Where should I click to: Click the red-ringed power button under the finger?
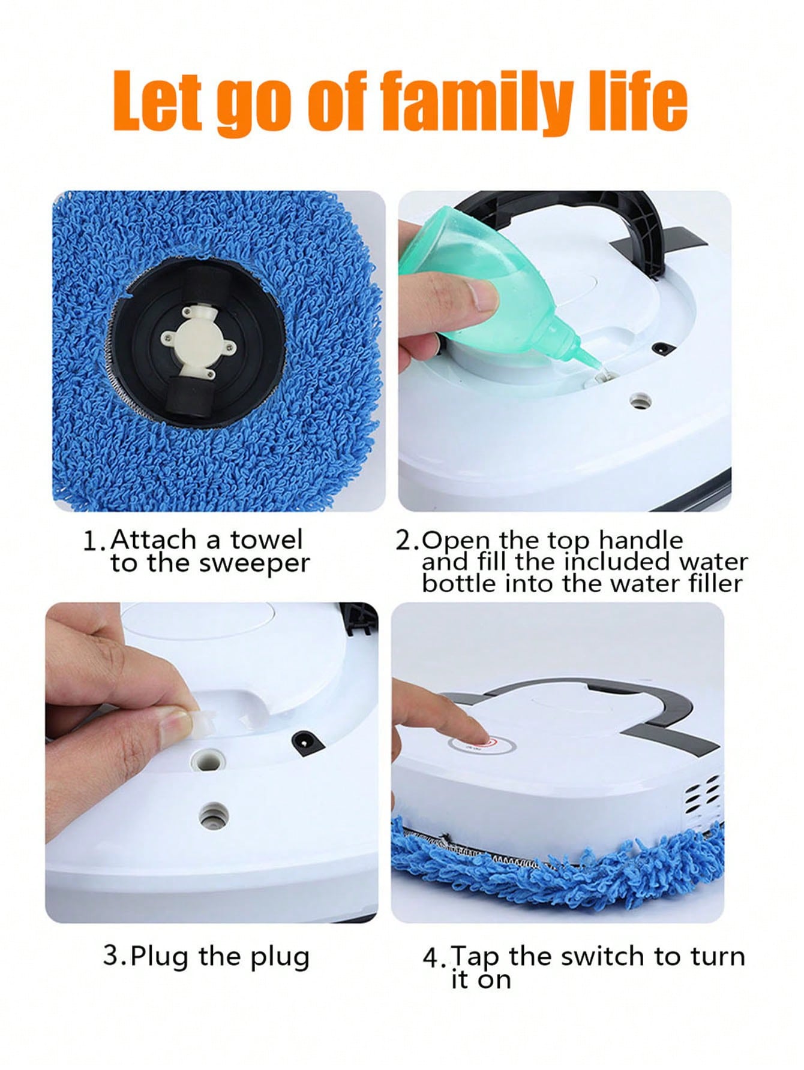(x=482, y=746)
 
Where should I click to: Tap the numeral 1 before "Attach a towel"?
(x=91, y=541)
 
